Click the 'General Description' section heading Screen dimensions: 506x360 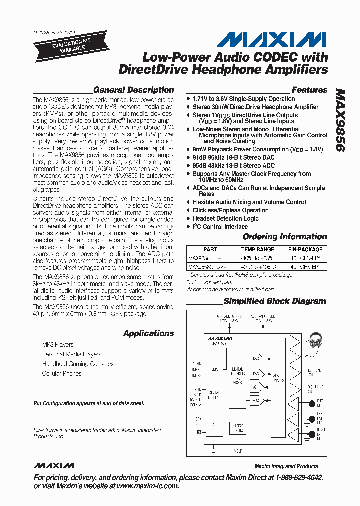coord(133,90)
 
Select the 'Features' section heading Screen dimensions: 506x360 coord(309,90)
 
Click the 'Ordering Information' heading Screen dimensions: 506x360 coord(284,237)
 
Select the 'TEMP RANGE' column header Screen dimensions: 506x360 coord(258,249)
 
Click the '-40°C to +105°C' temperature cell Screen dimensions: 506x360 coord(258,267)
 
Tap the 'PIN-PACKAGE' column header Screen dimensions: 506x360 coord(305,249)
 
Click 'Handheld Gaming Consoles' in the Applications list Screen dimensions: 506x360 coord(78,364)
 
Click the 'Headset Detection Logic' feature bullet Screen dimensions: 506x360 coord(226,219)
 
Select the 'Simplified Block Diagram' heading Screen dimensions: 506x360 coord(275,301)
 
